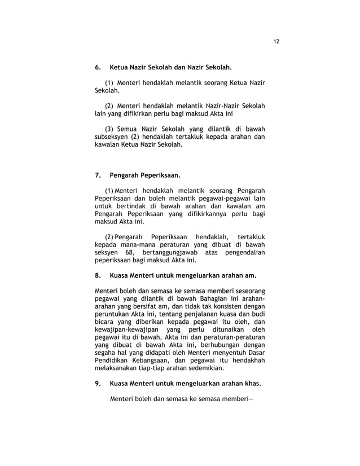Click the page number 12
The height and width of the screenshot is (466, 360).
276,41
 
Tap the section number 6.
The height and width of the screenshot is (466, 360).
98,67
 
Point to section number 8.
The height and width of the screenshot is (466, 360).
98,276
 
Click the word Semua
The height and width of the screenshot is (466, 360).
130,128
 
